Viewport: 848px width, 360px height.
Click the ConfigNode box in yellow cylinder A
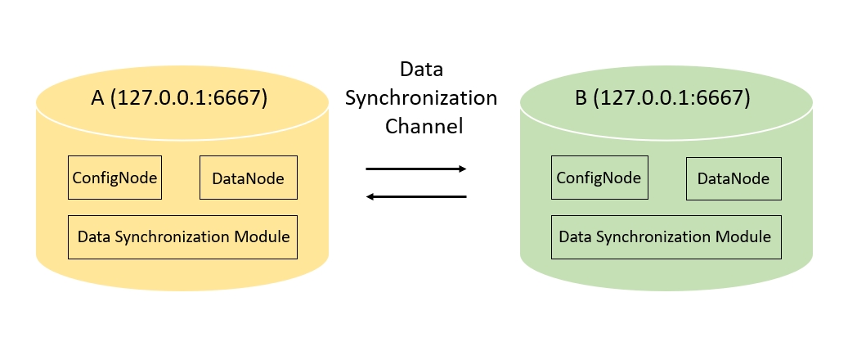click(114, 178)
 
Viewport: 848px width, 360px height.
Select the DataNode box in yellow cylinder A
click(248, 178)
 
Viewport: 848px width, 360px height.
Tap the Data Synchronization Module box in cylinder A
click(183, 237)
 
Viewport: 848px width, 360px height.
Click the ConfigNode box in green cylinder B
click(599, 178)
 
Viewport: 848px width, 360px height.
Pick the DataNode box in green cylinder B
click(734, 178)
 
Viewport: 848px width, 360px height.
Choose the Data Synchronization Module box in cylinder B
click(666, 237)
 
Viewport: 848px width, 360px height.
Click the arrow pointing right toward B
click(415, 169)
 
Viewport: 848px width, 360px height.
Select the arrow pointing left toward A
click(415, 196)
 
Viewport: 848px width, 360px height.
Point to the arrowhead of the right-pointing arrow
click(462, 169)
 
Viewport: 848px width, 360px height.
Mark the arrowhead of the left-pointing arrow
click(370, 196)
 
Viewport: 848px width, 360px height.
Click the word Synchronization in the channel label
click(420, 98)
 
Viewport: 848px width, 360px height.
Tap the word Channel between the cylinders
click(424, 126)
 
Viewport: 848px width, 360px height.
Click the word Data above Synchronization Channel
click(421, 70)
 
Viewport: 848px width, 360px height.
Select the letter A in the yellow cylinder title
click(97, 98)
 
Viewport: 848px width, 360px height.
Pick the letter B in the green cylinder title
click(581, 98)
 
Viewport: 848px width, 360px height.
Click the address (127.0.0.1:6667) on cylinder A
click(189, 98)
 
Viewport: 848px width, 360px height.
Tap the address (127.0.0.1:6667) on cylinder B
click(672, 98)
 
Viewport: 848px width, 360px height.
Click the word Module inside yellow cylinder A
click(262, 237)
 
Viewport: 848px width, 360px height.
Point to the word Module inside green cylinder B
click(743, 237)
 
